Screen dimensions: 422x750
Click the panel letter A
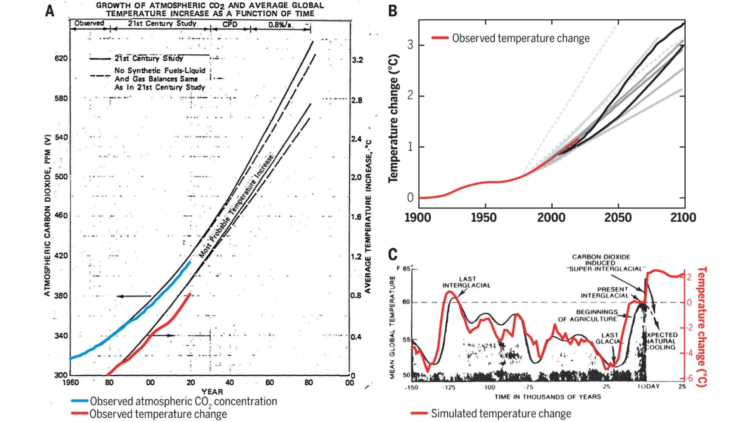click(x=50, y=11)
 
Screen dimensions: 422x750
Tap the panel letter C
click(x=393, y=255)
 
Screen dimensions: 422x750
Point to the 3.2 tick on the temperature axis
click(x=357, y=60)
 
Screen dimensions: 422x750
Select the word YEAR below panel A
click(x=212, y=392)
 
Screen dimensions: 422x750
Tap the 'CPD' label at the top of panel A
click(x=230, y=24)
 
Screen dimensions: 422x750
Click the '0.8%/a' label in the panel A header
click(x=280, y=25)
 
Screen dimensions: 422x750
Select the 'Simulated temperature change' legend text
click(x=501, y=413)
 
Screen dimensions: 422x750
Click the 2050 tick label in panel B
click(x=618, y=218)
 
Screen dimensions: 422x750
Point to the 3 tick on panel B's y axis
click(x=410, y=45)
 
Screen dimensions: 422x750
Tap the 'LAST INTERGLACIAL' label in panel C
click(x=466, y=282)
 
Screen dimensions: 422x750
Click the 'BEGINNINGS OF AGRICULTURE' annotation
click(x=587, y=315)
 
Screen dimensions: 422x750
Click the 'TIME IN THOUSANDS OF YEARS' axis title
click(x=547, y=397)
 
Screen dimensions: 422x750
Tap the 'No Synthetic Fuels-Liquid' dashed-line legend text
click(x=159, y=71)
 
